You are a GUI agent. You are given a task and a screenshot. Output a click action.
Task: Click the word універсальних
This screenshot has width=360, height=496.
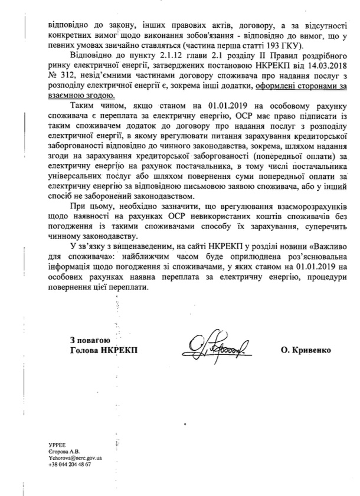74,174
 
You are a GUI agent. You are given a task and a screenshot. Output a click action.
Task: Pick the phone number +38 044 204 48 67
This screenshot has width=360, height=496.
70,480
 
